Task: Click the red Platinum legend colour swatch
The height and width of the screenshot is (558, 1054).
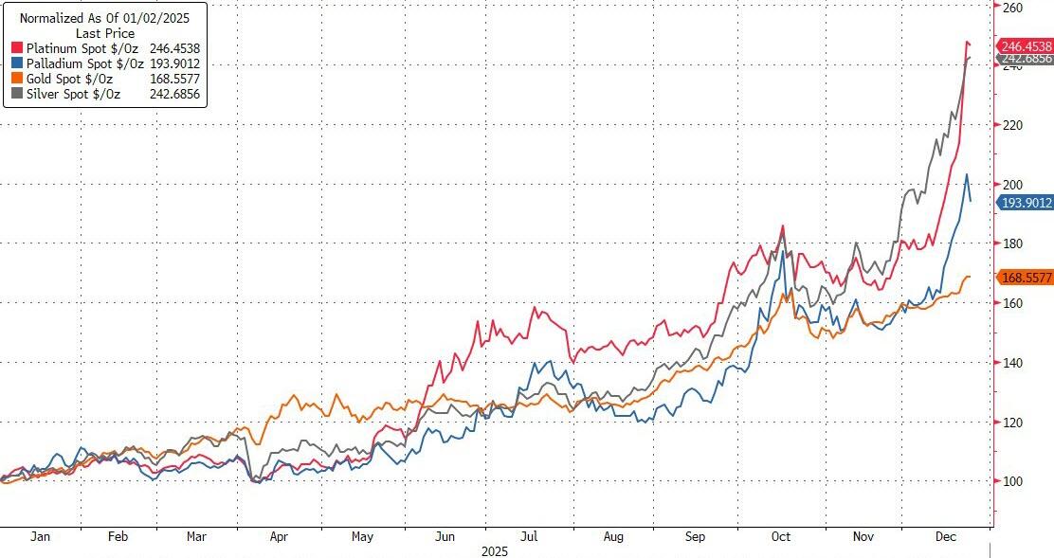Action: tap(17, 48)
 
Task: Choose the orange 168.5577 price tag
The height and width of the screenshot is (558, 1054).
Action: tap(1026, 278)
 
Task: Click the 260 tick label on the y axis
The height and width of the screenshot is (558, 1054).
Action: tap(1013, 8)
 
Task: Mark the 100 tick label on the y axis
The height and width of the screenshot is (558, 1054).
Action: tap(1013, 481)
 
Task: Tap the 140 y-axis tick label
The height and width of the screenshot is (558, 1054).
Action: tap(1013, 363)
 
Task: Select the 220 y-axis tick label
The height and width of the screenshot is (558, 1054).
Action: tap(1013, 126)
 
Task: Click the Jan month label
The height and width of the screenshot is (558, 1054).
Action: tap(40, 536)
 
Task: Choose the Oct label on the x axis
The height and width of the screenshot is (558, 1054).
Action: tap(781, 536)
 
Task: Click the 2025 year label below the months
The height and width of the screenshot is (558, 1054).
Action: tap(496, 550)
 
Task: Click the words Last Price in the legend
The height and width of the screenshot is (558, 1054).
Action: tap(105, 33)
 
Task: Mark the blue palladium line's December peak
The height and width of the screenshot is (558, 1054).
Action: tap(966, 174)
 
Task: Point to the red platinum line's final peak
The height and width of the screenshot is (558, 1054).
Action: tap(966, 42)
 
